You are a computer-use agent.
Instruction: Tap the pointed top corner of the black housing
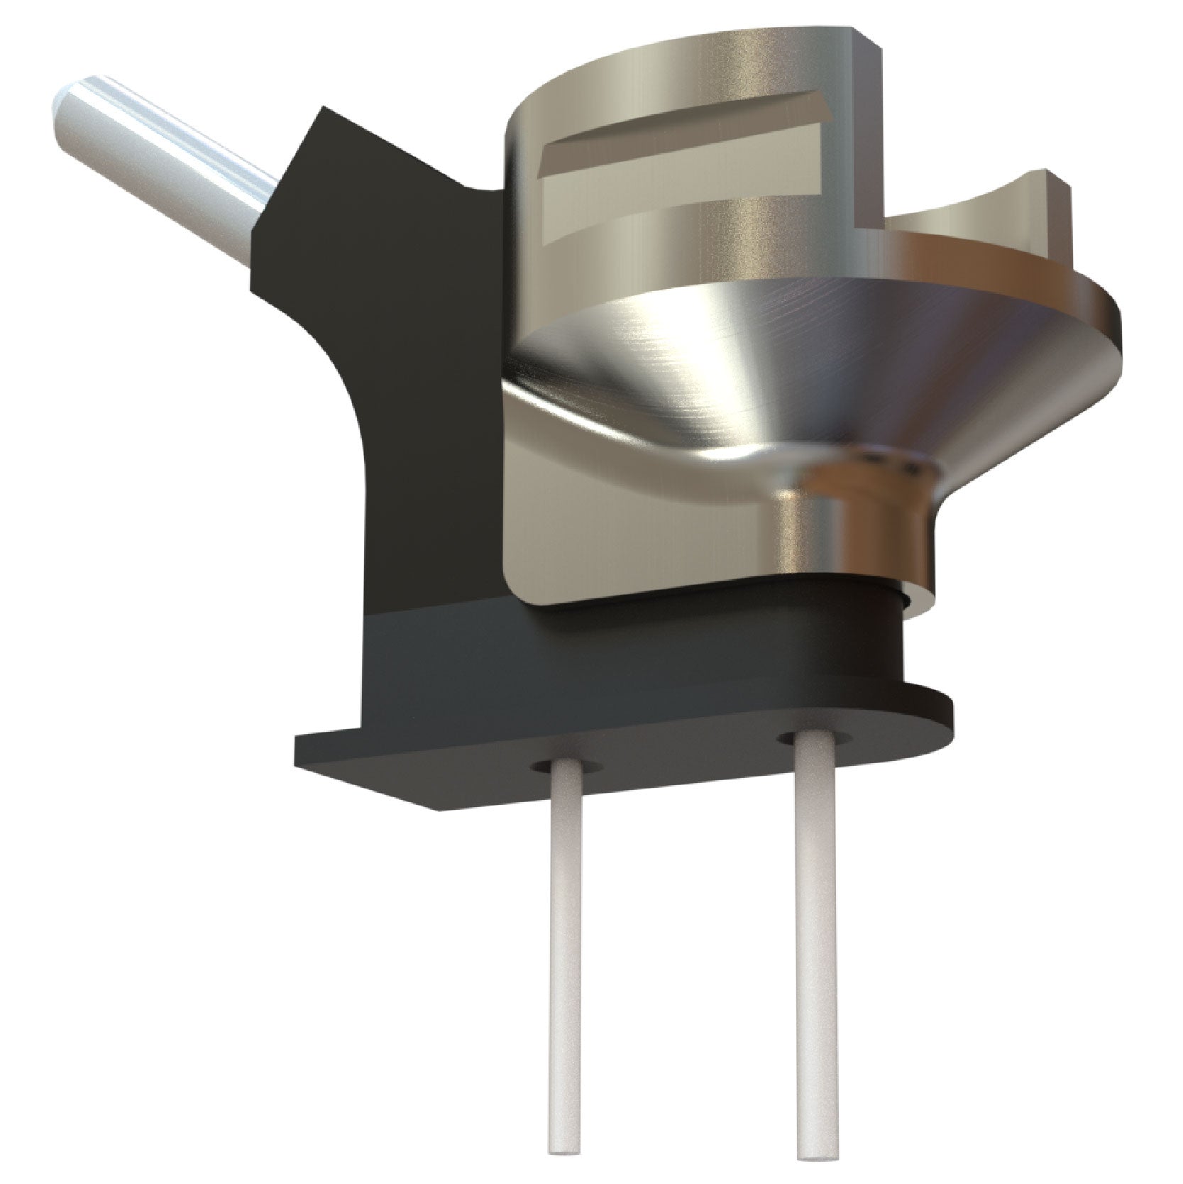pyautogui.click(x=324, y=109)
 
